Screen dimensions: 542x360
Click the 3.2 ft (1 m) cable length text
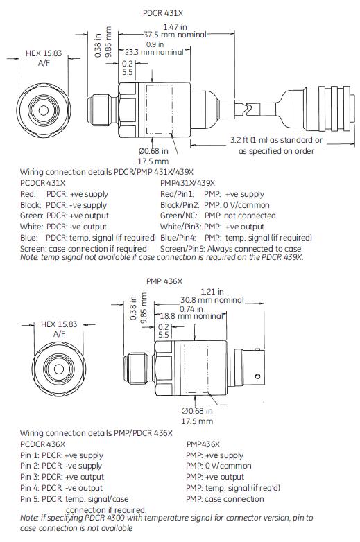tap(277, 140)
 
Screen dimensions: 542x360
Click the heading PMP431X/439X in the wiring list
tap(187, 182)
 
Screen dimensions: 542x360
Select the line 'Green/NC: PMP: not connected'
tap(217, 216)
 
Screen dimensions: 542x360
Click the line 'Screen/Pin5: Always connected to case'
tap(230, 248)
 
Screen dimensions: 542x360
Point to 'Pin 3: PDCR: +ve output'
tap(64, 477)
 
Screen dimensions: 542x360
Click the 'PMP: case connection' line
tap(225, 499)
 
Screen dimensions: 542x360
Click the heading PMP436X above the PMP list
tap(203, 444)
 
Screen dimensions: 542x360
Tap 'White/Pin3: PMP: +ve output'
tap(212, 227)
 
